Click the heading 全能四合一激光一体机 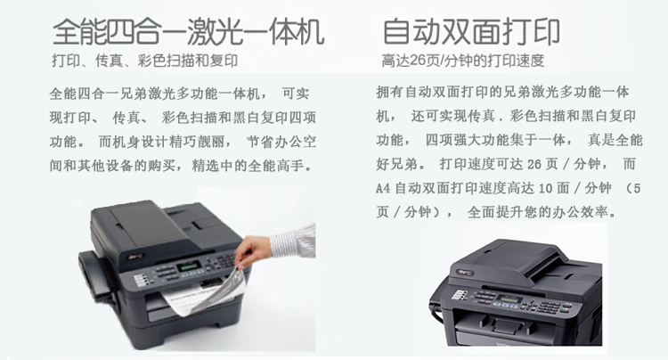coord(188,31)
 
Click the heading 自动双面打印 coord(471,31)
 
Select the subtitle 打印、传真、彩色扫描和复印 coord(145,61)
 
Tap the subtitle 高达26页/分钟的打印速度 coord(463,61)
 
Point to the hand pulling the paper coord(253,250)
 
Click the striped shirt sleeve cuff coord(294,241)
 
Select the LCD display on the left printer coord(189,266)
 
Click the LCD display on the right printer coord(509,299)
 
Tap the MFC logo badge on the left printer coord(136,257)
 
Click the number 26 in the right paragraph coord(534,164)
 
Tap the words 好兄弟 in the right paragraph coord(396,164)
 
